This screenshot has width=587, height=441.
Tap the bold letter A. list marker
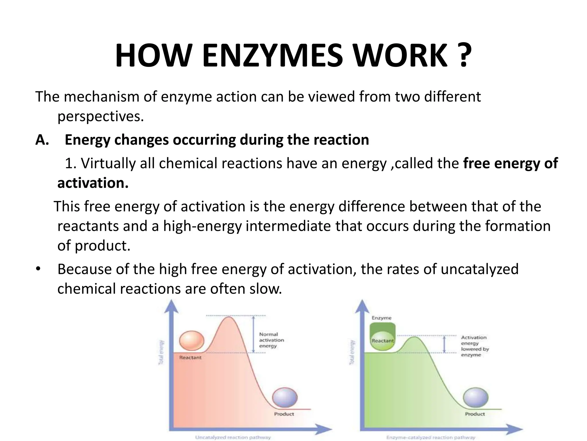(x=42, y=140)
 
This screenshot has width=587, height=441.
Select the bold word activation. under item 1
(x=93, y=183)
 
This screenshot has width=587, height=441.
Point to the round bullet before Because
(x=38, y=269)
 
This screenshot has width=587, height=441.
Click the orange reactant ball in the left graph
(x=191, y=341)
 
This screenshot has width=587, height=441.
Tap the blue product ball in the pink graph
(x=285, y=398)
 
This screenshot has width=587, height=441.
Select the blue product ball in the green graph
(x=476, y=398)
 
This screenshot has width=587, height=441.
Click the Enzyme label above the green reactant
(x=381, y=318)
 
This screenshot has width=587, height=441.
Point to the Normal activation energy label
(x=271, y=340)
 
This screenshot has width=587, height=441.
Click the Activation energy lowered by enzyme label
(x=475, y=346)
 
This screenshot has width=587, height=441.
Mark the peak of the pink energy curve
(x=229, y=317)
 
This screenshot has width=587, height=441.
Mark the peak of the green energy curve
(x=414, y=337)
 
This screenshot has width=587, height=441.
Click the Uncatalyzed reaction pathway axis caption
(x=233, y=437)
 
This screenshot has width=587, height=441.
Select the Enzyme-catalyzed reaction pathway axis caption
(x=431, y=437)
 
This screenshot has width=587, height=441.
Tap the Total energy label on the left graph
(x=161, y=352)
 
